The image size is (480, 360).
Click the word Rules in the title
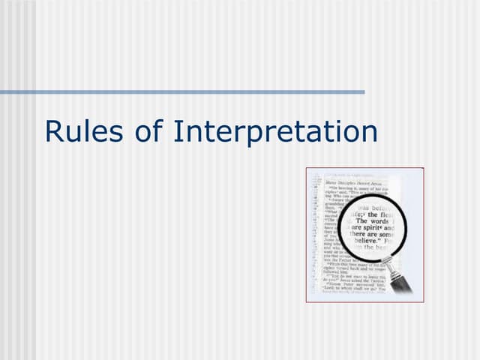click(76, 132)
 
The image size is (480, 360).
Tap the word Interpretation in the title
click(274, 132)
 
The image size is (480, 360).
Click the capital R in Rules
click(53, 132)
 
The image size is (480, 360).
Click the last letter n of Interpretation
click(368, 132)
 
